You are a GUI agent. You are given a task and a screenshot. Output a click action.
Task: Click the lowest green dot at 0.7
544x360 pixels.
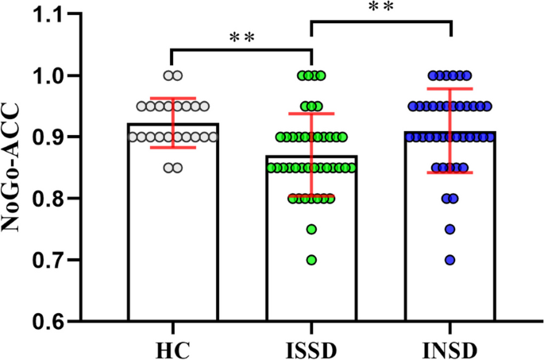(x=311, y=260)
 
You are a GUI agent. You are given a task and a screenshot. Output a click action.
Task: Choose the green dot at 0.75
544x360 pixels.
(x=311, y=229)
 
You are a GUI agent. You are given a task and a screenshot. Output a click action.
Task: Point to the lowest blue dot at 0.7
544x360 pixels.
(x=450, y=260)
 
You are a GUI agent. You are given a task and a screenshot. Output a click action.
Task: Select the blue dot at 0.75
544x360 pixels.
(x=450, y=229)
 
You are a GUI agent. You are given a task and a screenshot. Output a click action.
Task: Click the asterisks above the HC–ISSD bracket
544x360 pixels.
(x=241, y=37)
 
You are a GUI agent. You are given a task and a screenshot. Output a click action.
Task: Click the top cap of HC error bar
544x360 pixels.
(x=172, y=99)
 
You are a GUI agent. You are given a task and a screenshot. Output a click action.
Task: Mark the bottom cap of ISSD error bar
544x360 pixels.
(x=311, y=196)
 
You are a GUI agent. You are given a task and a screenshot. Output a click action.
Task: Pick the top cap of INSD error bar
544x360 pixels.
(x=450, y=88)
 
